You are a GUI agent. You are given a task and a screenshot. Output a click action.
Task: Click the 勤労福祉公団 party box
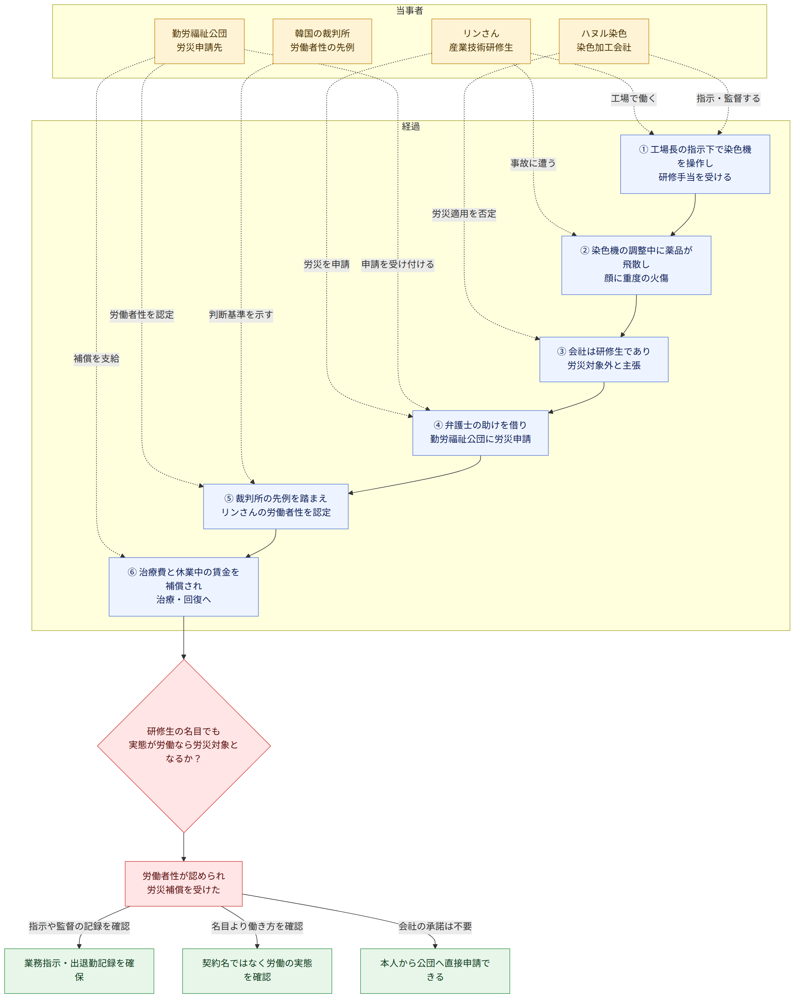(x=199, y=41)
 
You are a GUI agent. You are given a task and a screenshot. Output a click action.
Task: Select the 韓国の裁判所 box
(x=322, y=41)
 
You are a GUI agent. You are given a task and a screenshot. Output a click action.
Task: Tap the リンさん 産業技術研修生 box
(x=481, y=41)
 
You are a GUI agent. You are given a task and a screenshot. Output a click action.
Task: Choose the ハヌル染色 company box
(x=604, y=41)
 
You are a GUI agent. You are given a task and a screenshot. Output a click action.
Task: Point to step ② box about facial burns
(x=636, y=265)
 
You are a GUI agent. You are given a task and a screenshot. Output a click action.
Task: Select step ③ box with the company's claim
(x=604, y=360)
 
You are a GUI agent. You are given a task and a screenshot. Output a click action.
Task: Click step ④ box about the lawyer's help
(x=480, y=433)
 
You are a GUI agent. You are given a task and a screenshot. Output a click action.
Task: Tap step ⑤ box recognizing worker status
(x=276, y=506)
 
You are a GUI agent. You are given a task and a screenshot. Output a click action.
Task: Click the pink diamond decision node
(x=183, y=746)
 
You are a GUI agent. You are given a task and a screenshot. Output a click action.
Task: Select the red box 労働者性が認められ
(x=183, y=884)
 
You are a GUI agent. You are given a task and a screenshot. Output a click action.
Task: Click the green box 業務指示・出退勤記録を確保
(x=79, y=971)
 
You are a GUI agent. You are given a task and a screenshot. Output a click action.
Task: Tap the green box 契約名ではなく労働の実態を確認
(x=257, y=971)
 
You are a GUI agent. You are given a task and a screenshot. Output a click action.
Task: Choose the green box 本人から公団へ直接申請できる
(x=435, y=971)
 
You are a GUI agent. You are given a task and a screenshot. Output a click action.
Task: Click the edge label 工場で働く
(x=634, y=98)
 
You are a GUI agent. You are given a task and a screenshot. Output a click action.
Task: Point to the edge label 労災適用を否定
(x=464, y=214)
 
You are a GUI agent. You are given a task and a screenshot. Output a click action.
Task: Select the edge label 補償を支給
(x=96, y=359)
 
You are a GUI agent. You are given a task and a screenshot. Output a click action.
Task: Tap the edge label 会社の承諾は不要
(x=435, y=927)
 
